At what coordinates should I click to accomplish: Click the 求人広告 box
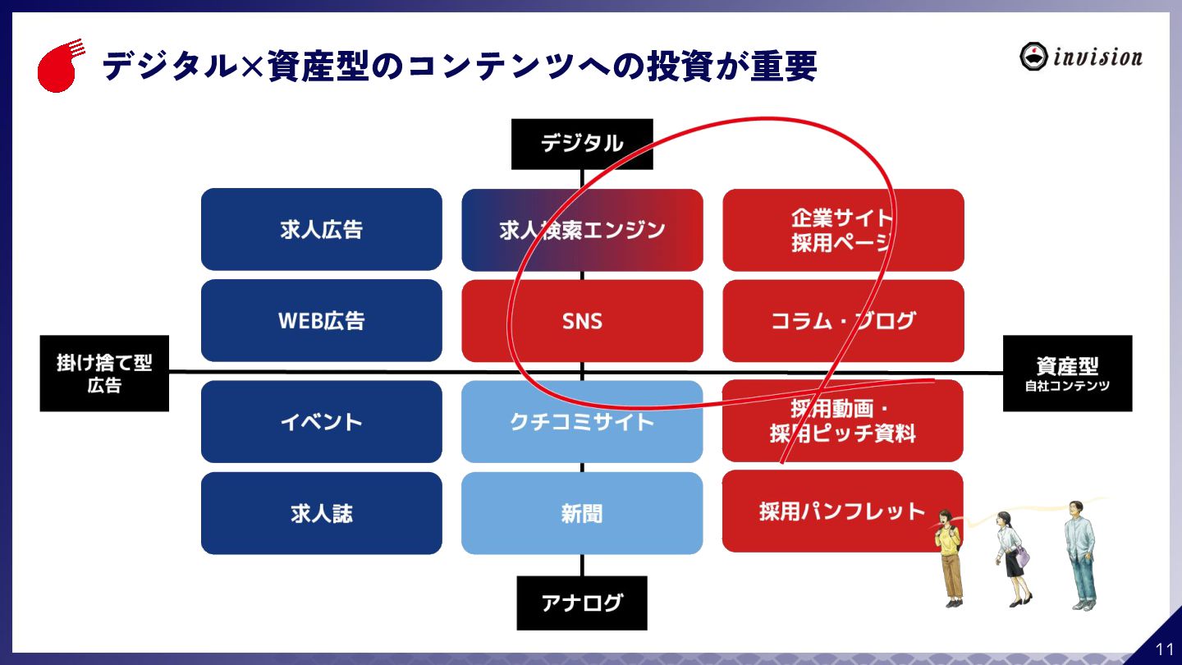pos(321,229)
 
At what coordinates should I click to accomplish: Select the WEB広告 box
pos(321,320)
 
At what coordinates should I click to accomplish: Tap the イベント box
pos(321,421)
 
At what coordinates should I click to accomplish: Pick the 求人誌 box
pos(321,513)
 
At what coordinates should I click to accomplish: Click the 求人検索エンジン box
pos(582,230)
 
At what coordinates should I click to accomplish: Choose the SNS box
pos(582,321)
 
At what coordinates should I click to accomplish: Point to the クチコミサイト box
pos(582,422)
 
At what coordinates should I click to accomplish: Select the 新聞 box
pos(582,513)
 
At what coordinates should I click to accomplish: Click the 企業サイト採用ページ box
pos(842,230)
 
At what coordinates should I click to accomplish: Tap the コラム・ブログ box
pos(842,321)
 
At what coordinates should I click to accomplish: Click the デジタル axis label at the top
pos(582,144)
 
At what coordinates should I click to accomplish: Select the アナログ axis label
pos(582,603)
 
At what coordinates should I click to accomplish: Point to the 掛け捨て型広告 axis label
pos(104,374)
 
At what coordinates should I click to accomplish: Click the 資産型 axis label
pos(1067,374)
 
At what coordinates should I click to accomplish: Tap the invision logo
pos(1080,57)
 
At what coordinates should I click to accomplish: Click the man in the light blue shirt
pos(1081,554)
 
